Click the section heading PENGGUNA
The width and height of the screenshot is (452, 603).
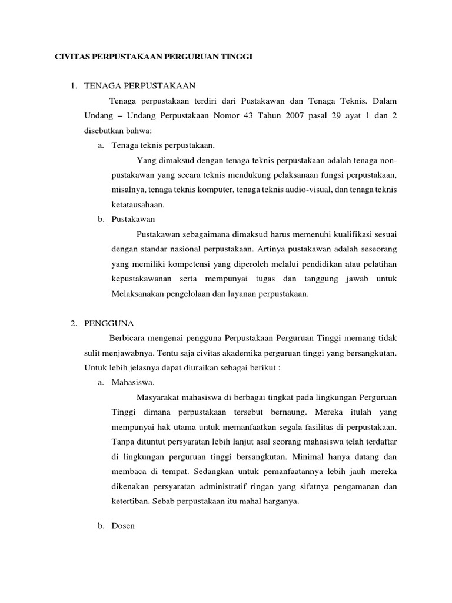[x=109, y=323]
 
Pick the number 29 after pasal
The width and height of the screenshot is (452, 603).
[x=353, y=116]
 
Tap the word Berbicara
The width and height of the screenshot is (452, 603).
[x=128, y=338]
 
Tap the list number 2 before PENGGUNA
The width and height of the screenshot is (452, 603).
[x=73, y=323]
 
